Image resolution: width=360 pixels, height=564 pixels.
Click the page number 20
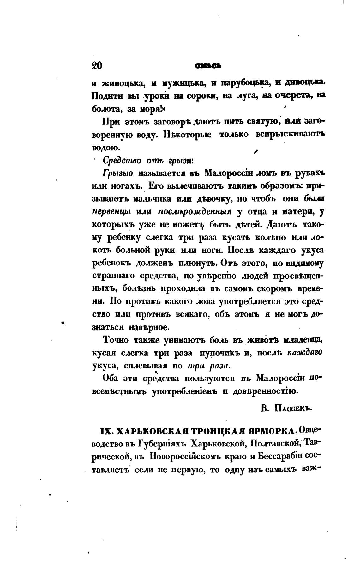(x=96, y=65)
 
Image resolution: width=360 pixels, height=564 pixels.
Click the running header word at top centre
(x=208, y=66)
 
